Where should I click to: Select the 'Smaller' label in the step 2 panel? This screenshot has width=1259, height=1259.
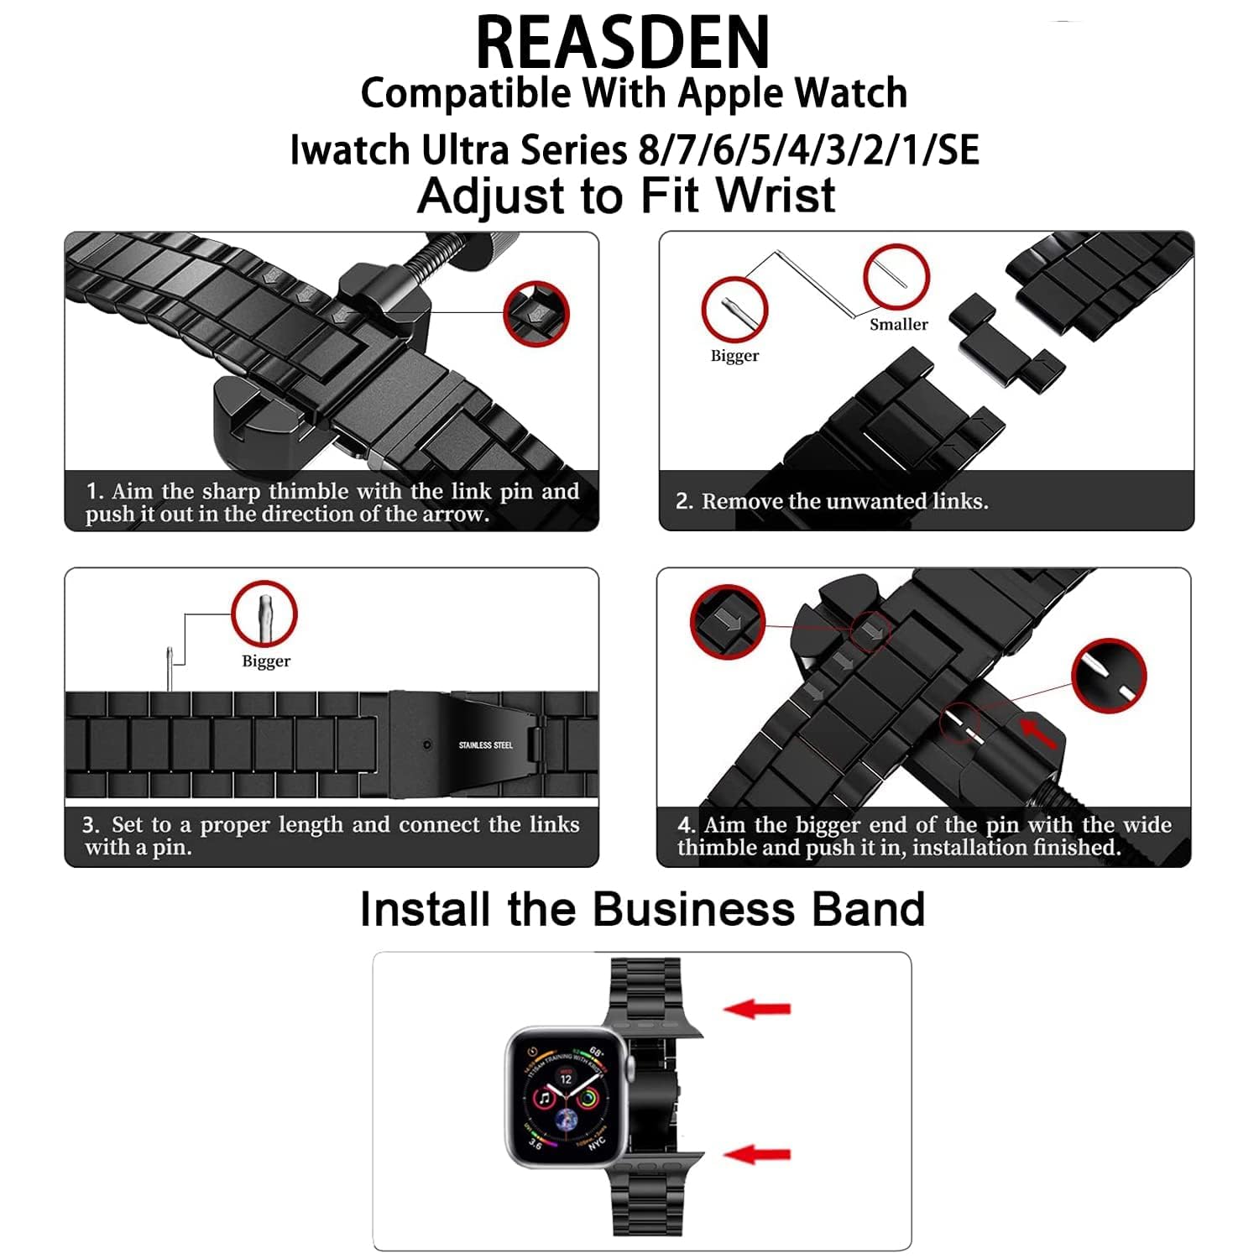coord(898,324)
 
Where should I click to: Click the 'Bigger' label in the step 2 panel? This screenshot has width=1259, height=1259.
coord(734,355)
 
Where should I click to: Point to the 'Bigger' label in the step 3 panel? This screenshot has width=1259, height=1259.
coord(266,661)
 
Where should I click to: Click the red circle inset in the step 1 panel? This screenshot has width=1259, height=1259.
coord(536,314)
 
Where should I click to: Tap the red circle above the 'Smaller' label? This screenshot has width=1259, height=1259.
coord(896,278)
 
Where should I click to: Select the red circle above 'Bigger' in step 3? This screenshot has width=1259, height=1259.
coord(264,613)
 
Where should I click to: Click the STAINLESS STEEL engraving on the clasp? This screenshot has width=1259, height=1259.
coord(485,744)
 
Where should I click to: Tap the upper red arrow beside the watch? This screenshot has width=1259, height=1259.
coord(757,1008)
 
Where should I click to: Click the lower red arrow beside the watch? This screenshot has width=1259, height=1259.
coord(757,1154)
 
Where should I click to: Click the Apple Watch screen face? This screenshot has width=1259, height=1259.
coord(566,1097)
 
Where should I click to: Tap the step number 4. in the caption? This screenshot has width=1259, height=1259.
coord(686,825)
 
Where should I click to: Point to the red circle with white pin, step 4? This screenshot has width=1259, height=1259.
coord(1109,675)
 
